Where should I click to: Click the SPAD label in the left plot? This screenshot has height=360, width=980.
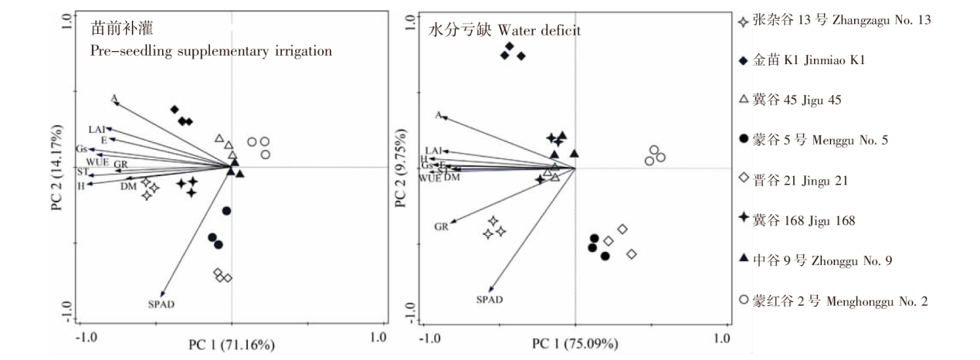pos(158,304)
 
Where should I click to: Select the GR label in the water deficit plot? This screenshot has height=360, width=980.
pos(442,227)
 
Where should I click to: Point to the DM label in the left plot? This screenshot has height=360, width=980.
pos(128,185)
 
